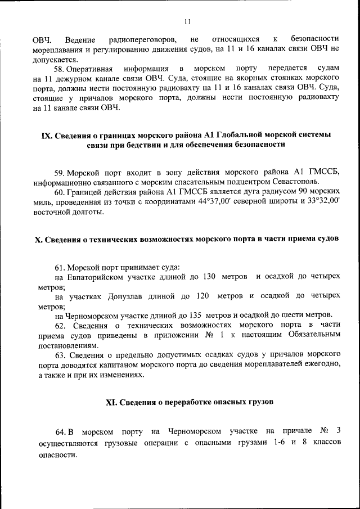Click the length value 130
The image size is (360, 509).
(209, 277)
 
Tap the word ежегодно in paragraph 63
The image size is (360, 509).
(322, 364)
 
